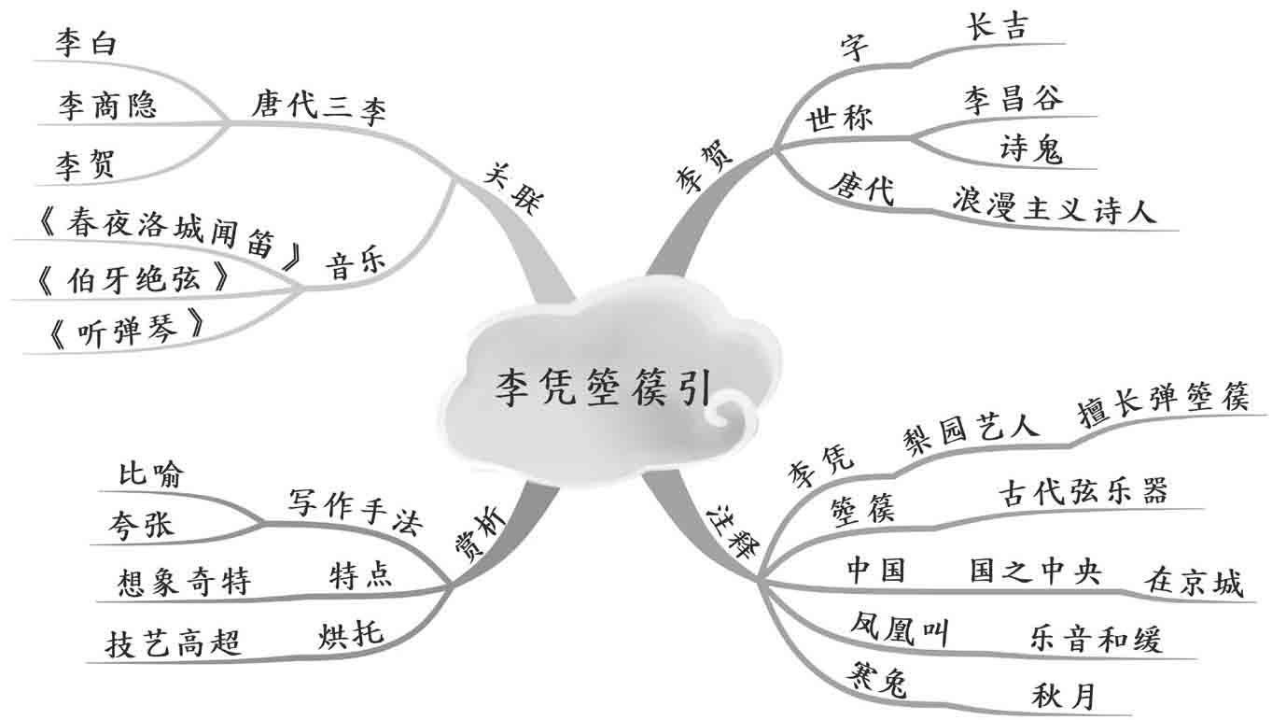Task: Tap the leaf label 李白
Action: pyautogui.click(x=86, y=44)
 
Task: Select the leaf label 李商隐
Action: pyautogui.click(x=107, y=106)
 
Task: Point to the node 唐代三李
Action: pyautogui.click(x=317, y=105)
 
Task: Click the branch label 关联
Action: pyautogui.click(x=513, y=187)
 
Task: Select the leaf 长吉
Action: pyautogui.click(x=996, y=27)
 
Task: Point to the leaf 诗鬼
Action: pyautogui.click(x=1030, y=148)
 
